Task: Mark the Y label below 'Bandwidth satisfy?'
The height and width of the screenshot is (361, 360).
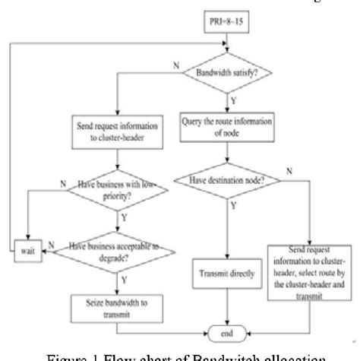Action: (237, 98)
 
